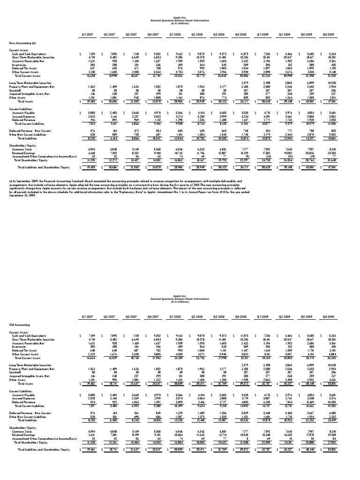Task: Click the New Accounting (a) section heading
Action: [22, 43]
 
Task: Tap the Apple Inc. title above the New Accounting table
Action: [180, 19]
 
